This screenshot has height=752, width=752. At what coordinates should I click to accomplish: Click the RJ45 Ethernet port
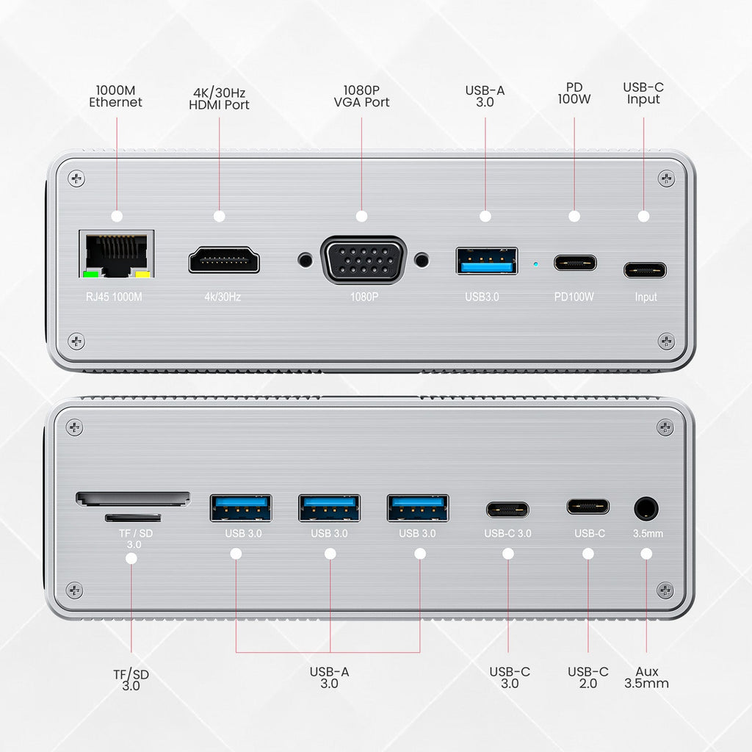click(117, 253)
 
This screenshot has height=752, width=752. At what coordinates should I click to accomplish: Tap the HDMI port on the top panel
click(224, 260)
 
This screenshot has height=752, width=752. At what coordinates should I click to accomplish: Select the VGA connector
click(364, 260)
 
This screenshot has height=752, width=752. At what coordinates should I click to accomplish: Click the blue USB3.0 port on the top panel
click(487, 261)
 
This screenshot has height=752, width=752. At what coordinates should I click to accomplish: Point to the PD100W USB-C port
click(575, 263)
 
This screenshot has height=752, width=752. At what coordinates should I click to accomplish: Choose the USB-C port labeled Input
click(645, 270)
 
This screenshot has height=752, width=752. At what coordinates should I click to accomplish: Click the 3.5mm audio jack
click(646, 508)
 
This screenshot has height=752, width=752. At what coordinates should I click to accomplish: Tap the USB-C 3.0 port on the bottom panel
click(507, 510)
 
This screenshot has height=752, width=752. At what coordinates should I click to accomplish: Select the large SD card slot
click(133, 499)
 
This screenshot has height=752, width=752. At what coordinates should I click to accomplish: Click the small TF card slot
click(133, 518)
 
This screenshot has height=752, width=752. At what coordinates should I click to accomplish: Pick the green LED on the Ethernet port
click(91, 275)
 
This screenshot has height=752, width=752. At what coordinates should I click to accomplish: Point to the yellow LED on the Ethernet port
click(143, 275)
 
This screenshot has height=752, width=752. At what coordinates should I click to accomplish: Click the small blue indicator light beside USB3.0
click(535, 264)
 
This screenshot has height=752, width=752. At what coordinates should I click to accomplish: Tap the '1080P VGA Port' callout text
click(361, 96)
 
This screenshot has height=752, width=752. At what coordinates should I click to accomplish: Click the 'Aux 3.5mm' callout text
click(646, 677)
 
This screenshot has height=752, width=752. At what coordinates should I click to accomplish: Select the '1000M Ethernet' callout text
click(115, 96)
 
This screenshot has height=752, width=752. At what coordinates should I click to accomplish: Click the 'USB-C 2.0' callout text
click(588, 677)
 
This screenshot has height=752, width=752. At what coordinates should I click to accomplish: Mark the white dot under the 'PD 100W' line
click(574, 217)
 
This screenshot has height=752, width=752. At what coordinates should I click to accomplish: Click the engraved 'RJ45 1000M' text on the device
click(114, 297)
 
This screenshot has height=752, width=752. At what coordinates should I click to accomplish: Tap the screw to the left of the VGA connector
click(305, 261)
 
